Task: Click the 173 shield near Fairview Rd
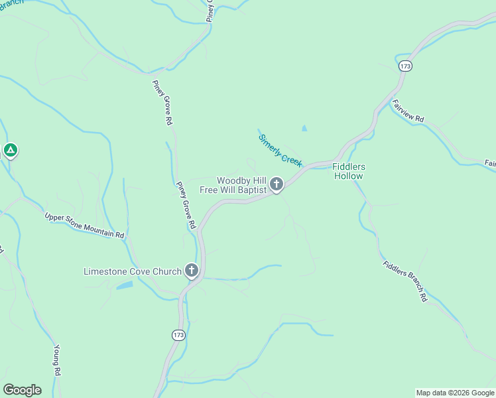(406, 66)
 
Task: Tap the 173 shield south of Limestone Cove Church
(178, 335)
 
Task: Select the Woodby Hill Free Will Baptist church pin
(276, 184)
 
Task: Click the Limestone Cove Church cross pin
(192, 271)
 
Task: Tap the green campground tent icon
(10, 151)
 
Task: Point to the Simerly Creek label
(280, 150)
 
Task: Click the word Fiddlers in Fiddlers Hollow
(349, 166)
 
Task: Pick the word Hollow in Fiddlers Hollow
(349, 176)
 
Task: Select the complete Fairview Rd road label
(408, 111)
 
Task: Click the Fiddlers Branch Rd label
(404, 282)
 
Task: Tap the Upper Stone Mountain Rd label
(84, 226)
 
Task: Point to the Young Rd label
(57, 361)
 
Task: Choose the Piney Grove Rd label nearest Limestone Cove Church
(186, 206)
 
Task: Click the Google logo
(22, 390)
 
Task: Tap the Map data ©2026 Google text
(455, 393)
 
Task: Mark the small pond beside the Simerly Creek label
(304, 128)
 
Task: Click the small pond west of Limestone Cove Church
(124, 285)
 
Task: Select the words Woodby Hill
(241, 180)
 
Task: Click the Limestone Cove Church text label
(133, 271)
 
